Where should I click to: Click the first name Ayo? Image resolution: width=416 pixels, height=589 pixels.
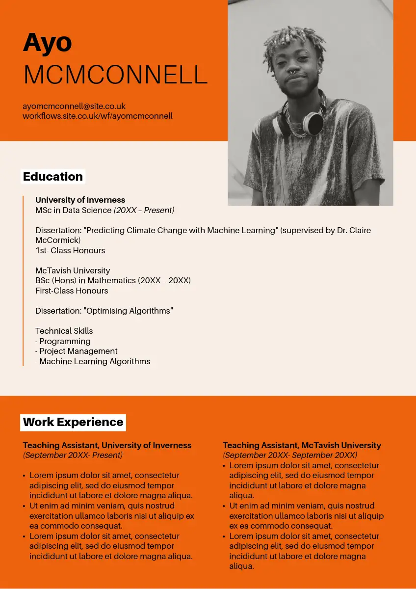[x=48, y=43]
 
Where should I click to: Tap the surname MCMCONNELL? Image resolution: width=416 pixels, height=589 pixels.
[x=115, y=75]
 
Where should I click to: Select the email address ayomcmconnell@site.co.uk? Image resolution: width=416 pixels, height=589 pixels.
[x=74, y=106]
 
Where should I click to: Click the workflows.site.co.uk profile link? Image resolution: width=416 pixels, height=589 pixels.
[x=98, y=116]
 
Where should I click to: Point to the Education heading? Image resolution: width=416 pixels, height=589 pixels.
[x=53, y=177]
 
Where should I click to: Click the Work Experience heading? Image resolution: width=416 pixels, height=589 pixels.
[x=73, y=422]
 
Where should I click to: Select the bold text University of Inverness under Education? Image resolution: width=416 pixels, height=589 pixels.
[x=80, y=200]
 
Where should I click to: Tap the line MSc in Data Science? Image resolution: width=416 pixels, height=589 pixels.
[x=74, y=210]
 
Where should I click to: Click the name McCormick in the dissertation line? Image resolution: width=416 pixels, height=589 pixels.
[x=57, y=241]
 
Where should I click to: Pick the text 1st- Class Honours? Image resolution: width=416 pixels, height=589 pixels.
[x=70, y=250]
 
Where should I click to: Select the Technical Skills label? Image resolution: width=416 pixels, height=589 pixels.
[x=64, y=331]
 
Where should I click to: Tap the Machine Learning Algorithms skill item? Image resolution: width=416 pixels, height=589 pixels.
[x=95, y=361]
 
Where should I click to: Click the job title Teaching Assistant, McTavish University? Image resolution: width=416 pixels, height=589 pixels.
[x=302, y=445]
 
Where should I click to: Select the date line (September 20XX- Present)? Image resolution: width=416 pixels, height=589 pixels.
[x=73, y=455]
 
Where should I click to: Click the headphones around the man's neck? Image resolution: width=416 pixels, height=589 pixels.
[x=312, y=123]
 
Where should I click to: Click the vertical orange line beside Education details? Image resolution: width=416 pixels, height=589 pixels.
[x=23, y=280]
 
